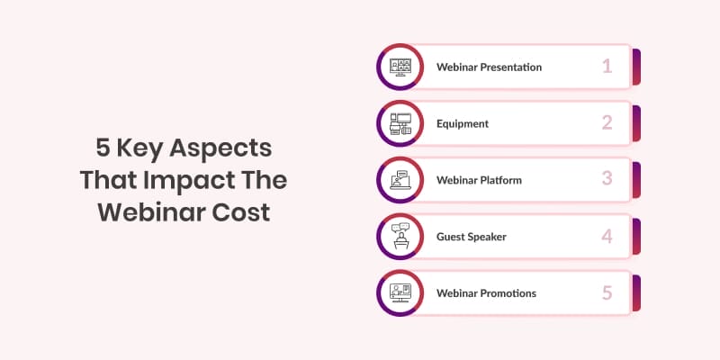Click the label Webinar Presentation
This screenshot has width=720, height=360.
click(489, 67)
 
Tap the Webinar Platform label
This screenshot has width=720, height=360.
click(479, 180)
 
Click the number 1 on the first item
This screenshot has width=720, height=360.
click(607, 67)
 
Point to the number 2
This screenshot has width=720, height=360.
click(607, 123)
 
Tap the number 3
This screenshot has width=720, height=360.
click(607, 179)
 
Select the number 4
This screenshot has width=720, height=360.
click(607, 236)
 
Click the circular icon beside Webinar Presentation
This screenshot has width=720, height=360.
click(399, 67)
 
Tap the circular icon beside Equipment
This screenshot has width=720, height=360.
click(399, 123)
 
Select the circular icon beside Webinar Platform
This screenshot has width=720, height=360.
click(399, 179)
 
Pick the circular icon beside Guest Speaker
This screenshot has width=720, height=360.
click(399, 236)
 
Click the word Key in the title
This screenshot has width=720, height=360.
click(142, 148)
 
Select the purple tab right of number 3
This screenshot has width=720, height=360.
click(636, 180)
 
